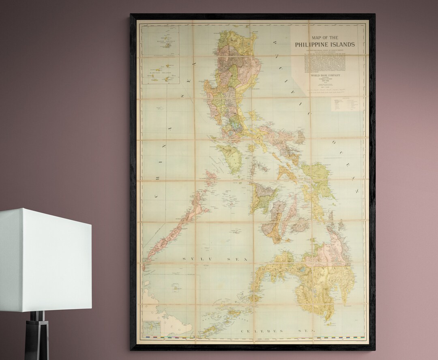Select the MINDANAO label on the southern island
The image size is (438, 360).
[x=306, y=268]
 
